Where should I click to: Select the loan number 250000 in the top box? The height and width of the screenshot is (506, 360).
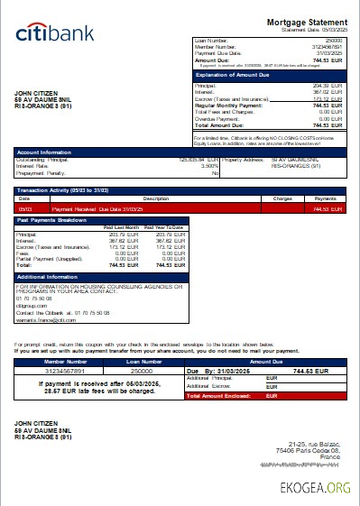(333, 41)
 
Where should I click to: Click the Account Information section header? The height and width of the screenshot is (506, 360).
(44, 152)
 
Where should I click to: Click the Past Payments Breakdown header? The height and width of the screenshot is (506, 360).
(53, 220)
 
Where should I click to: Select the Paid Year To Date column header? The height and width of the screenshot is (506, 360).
(164, 227)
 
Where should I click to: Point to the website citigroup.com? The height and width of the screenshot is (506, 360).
(31, 305)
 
